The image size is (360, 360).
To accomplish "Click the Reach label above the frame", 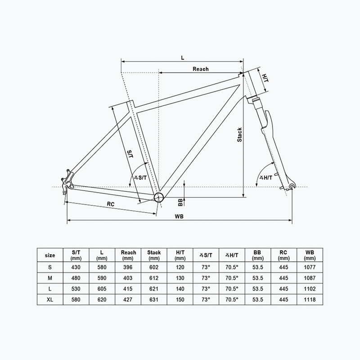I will [x=200, y=69].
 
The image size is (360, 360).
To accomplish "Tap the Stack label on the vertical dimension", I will [x=240, y=135].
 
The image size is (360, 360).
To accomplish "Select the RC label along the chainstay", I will [x=111, y=204].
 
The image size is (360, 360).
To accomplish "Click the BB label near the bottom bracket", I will [x=180, y=201].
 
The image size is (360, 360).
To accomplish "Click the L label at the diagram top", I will [x=182, y=57].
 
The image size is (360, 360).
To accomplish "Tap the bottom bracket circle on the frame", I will [x=158, y=197].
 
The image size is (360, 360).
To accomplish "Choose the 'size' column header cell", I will [x=50, y=255].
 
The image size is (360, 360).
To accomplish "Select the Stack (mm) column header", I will [x=154, y=255].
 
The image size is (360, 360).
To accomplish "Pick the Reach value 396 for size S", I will [x=128, y=267].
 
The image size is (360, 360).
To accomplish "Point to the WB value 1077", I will [x=310, y=267].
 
